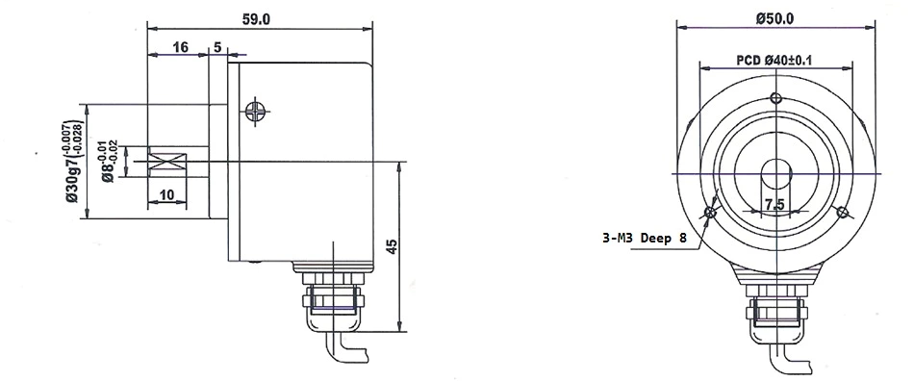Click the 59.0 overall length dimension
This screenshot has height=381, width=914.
click(x=261, y=18)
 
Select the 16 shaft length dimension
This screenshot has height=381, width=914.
click(x=180, y=47)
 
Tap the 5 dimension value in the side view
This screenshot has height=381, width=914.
click(x=217, y=47)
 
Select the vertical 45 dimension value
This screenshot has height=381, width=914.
click(x=391, y=247)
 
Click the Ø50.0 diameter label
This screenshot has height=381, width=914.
click(x=774, y=18)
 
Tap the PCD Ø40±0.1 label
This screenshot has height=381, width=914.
click(x=775, y=60)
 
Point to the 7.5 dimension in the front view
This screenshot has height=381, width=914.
click(x=774, y=204)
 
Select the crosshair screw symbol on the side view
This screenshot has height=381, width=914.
click(x=254, y=111)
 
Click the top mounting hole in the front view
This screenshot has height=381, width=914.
click(x=776, y=97)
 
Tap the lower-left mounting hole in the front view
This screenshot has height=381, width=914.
click(x=711, y=212)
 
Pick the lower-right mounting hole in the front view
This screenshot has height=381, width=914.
click(x=842, y=212)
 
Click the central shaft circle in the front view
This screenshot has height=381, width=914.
click(x=776, y=173)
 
